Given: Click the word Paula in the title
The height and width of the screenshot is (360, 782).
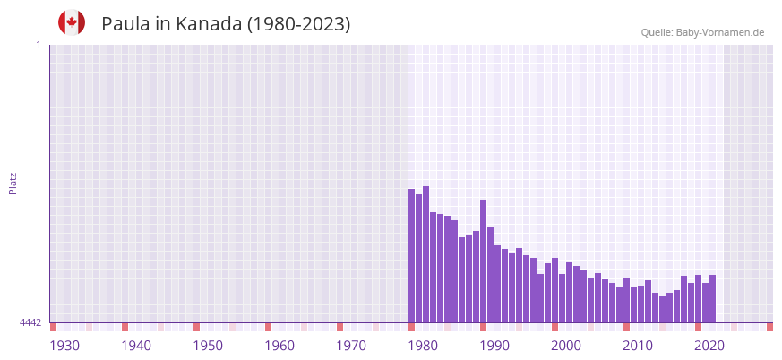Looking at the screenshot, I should (125, 24).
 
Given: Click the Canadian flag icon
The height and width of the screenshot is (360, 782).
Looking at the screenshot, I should (72, 22).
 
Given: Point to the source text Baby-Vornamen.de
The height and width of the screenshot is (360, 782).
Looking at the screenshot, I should (720, 32).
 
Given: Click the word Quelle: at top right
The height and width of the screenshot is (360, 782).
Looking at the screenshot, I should (657, 32).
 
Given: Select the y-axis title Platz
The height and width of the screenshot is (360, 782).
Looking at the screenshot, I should (13, 183).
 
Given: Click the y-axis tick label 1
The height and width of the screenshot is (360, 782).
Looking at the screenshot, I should (38, 45).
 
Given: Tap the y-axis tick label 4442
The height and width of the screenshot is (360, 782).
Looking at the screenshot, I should (30, 322).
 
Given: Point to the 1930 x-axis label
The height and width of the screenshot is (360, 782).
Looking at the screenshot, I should (64, 347).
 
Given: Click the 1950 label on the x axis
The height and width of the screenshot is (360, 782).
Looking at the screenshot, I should (208, 347).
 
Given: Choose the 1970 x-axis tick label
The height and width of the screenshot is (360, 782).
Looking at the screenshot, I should (351, 347).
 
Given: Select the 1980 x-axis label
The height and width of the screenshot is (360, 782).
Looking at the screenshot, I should (423, 347).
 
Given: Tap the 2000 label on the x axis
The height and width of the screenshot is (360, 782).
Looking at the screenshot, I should (566, 347).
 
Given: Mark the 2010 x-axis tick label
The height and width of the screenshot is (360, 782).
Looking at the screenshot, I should (638, 347).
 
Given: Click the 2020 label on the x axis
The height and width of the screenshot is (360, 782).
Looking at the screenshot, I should (709, 347).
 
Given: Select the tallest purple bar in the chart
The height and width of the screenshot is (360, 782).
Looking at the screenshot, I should (426, 254).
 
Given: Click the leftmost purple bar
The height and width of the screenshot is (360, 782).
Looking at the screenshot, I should (412, 256).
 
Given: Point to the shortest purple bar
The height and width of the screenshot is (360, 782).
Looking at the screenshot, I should (663, 309).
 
